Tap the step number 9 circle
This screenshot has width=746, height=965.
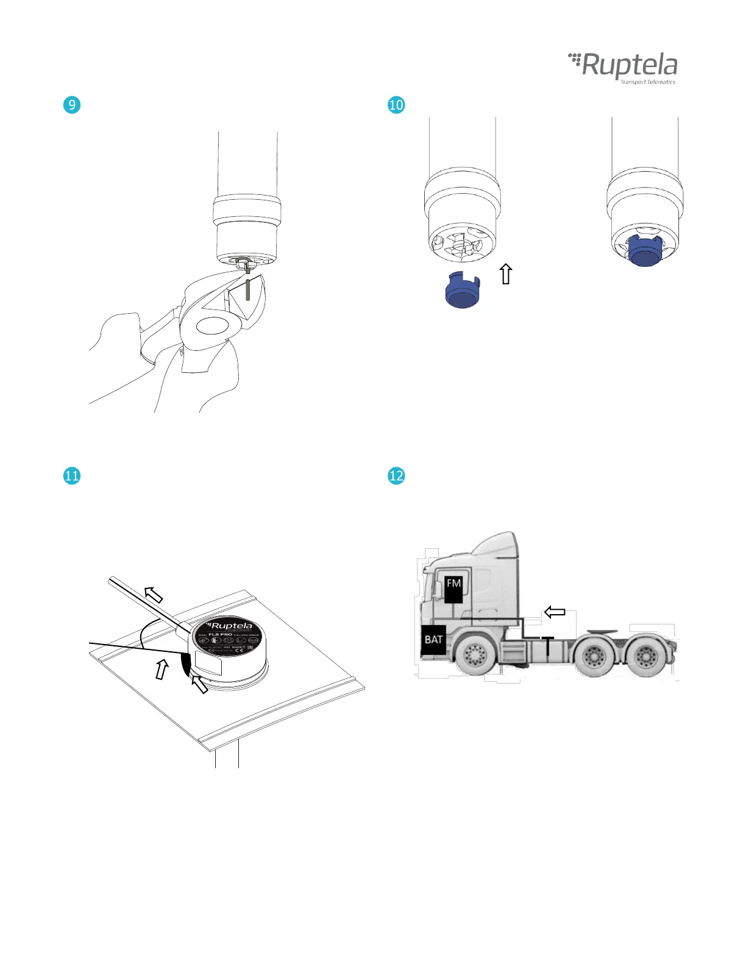(x=72, y=105)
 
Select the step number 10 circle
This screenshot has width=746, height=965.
(x=396, y=105)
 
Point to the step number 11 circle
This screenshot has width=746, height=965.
(x=72, y=475)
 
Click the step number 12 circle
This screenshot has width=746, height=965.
(x=396, y=475)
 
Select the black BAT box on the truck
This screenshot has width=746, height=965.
(x=433, y=640)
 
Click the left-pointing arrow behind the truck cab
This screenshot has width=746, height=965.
(x=555, y=612)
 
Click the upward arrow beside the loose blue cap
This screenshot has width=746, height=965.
(x=506, y=274)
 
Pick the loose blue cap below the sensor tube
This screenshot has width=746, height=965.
(x=463, y=292)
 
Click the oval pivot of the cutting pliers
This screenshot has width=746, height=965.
(x=211, y=325)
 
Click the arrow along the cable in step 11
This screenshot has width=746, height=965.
(x=154, y=593)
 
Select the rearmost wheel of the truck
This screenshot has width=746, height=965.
(x=645, y=657)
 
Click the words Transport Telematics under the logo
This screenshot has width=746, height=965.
(x=647, y=82)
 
